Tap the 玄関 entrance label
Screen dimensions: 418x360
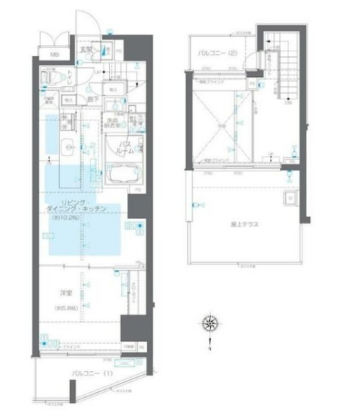(86, 49)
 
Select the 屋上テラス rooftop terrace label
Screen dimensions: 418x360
(246, 223)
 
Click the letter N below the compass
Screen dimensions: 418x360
(211, 348)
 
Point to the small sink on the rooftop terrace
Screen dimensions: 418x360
(289, 200)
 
